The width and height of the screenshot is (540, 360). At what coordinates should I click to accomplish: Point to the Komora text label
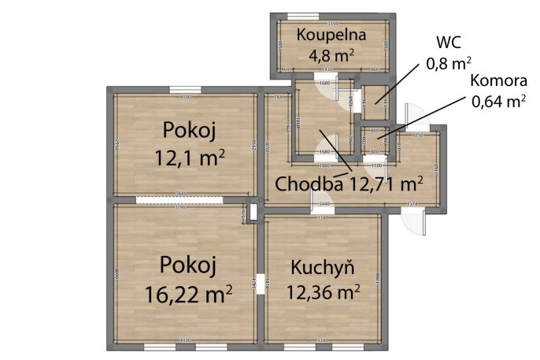tap(498, 80)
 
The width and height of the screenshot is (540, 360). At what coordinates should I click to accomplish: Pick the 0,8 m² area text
tap(448, 62)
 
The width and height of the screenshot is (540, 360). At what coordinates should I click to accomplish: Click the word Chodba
tap(308, 184)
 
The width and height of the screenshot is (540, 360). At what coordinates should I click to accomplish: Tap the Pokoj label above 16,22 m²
tap(187, 263)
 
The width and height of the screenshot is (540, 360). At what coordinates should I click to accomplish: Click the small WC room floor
tap(374, 98)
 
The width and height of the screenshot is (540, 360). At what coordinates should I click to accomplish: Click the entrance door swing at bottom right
tap(414, 225)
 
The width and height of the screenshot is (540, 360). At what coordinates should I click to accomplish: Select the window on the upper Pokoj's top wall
tap(185, 88)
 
